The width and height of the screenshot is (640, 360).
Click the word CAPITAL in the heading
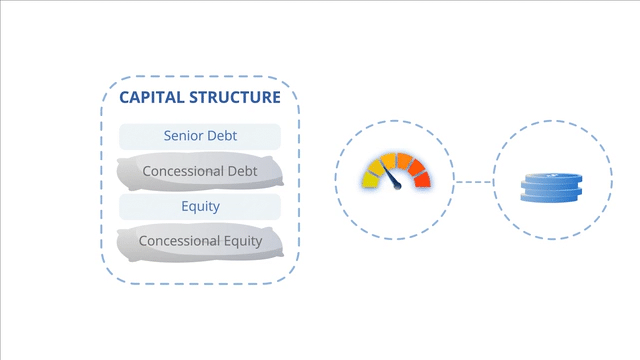(151, 97)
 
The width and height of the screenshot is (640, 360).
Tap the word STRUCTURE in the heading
(235, 97)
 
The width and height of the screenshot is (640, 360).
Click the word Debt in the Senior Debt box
(222, 136)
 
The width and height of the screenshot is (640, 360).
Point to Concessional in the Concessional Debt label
(182, 171)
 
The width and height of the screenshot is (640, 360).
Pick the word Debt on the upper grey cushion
(242, 171)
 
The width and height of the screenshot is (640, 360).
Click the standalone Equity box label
(200, 207)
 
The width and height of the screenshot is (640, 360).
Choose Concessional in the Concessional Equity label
(179, 241)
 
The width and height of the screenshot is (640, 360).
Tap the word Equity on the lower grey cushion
(243, 242)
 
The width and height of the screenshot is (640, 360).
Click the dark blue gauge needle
(390, 174)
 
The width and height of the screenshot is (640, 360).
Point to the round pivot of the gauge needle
(398, 186)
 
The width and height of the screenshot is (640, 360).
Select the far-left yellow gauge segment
(370, 180)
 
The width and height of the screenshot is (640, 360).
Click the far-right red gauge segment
(422, 180)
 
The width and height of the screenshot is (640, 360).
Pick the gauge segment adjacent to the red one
(416, 167)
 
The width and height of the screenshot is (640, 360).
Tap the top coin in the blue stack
(553, 178)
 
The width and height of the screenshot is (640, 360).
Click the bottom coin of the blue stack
(551, 197)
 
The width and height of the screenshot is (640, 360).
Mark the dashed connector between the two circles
(473, 182)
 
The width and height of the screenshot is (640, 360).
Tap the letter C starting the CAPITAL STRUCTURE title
(125, 97)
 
